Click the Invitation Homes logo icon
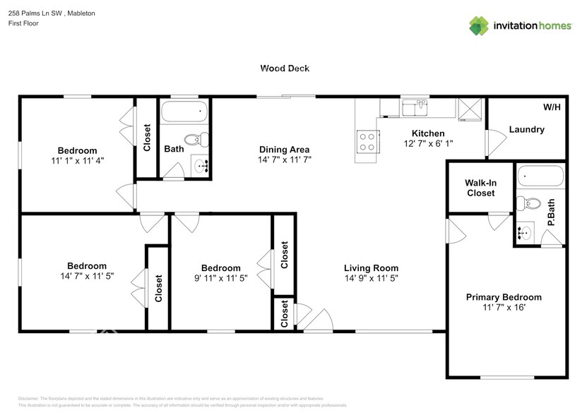(x=479, y=25)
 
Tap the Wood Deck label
(x=285, y=68)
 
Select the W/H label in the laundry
(x=552, y=107)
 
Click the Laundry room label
(x=526, y=129)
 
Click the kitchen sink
(x=415, y=107)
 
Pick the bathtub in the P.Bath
(x=540, y=176)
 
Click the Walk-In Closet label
(x=480, y=188)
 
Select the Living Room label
(x=371, y=268)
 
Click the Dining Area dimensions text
(x=285, y=160)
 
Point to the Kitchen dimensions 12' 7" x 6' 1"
(x=428, y=143)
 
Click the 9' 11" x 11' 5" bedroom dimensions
(x=220, y=279)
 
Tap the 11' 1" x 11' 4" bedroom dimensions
(x=77, y=161)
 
